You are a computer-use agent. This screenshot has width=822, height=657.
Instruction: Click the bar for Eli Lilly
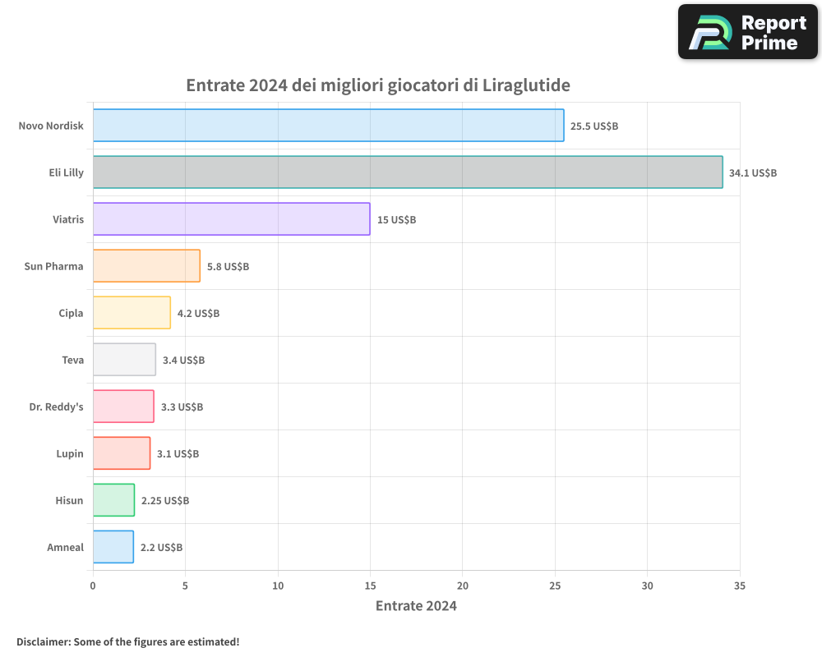[408, 172]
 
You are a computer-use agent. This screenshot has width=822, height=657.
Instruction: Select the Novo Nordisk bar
[328, 126]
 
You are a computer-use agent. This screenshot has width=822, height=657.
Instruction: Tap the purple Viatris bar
[231, 219]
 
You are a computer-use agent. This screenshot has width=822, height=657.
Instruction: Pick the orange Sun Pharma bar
[146, 266]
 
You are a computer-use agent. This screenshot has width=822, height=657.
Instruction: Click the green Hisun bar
[113, 500]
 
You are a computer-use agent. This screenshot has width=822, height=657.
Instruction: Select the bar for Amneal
[113, 547]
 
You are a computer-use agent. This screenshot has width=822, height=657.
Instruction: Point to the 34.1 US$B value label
[752, 173]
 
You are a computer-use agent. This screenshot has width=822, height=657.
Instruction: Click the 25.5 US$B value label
[594, 126]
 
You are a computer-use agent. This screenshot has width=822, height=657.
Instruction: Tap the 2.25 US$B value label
[164, 501]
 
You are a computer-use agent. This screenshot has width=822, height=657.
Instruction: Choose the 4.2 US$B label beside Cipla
[198, 314]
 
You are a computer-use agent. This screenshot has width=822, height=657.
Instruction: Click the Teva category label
[72, 361]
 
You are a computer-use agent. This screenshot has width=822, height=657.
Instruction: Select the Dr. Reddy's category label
[56, 407]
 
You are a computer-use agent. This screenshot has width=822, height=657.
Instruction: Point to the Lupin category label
[69, 454]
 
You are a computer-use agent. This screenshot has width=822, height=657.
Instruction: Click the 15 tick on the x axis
[370, 586]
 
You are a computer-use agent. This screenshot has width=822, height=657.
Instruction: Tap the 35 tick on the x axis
[740, 586]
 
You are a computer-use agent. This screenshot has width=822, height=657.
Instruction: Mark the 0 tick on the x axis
[93, 586]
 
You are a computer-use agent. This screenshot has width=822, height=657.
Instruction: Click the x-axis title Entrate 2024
[416, 606]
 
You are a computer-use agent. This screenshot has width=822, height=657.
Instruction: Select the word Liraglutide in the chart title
[526, 85]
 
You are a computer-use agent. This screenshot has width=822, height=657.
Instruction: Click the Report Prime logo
[747, 32]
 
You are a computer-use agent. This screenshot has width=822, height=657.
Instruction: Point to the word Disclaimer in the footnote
[43, 641]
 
